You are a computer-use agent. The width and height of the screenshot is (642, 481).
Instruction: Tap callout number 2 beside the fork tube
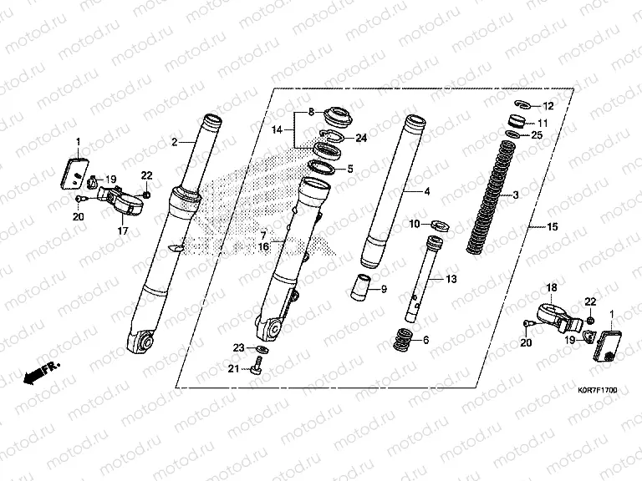pyautogui.click(x=175, y=142)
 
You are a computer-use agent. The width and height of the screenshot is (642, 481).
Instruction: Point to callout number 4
pyautogui.click(x=426, y=191)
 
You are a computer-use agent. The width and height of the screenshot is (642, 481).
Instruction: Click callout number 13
pyautogui.click(x=451, y=278)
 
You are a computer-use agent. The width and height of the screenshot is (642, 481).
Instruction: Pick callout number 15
pyautogui.click(x=552, y=227)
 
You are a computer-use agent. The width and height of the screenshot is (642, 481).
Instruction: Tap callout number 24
pyautogui.click(x=361, y=138)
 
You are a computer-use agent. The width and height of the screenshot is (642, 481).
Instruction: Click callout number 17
pyautogui.click(x=123, y=231)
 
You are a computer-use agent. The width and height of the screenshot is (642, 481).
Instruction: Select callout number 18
pyautogui.click(x=551, y=287)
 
